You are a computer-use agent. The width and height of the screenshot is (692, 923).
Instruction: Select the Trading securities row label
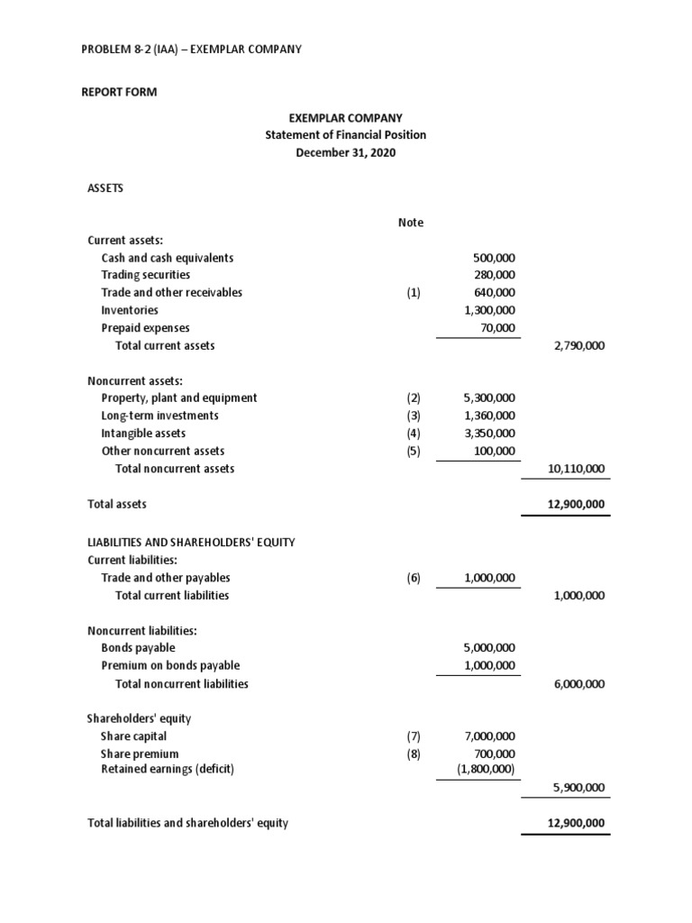pos(145,275)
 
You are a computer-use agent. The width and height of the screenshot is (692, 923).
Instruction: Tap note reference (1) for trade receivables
pos(414,293)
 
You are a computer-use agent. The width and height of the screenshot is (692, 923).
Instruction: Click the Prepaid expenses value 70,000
pos(498,328)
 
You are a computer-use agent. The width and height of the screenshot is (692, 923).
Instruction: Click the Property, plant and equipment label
pos(178,398)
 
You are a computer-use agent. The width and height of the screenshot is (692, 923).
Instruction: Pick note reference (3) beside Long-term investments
pos(414,416)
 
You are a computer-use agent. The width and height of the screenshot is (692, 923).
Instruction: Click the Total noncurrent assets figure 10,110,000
pos(577,469)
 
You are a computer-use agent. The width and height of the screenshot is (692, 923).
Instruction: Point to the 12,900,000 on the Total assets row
pos(577,504)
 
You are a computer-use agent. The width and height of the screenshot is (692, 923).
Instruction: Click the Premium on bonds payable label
pos(170,666)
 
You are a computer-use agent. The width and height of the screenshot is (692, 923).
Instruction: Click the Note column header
pos(411,223)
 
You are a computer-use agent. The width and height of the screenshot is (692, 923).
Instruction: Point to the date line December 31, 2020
pos(345,152)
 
